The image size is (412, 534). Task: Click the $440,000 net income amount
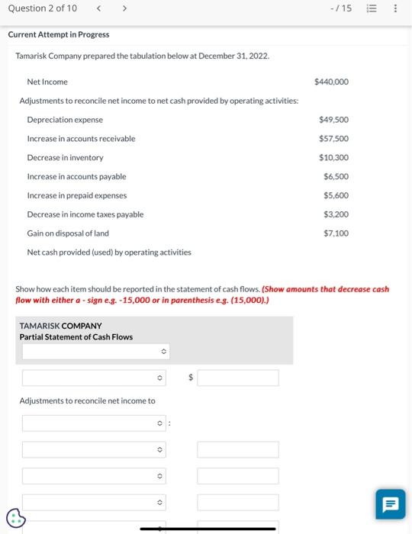[331, 82]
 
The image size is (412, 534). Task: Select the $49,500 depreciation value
[333, 120]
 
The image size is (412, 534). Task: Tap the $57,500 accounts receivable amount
[333, 139]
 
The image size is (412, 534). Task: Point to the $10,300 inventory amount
[333, 157]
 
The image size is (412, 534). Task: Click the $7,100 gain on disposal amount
[336, 233]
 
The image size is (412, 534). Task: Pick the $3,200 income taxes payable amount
[336, 214]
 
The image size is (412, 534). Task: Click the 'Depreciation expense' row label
[65, 120]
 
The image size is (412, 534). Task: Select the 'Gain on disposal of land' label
[68, 233]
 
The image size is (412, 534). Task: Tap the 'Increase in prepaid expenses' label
[77, 195]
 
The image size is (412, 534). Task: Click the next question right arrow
[124, 8]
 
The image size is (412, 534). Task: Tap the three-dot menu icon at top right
[395, 8]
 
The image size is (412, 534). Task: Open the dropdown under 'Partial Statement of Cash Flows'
[95, 352]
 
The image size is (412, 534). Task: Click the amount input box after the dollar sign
[238, 378]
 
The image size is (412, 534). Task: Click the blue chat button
[390, 503]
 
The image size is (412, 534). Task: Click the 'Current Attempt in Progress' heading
[59, 34]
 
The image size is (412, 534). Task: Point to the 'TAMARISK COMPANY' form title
[60, 326]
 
